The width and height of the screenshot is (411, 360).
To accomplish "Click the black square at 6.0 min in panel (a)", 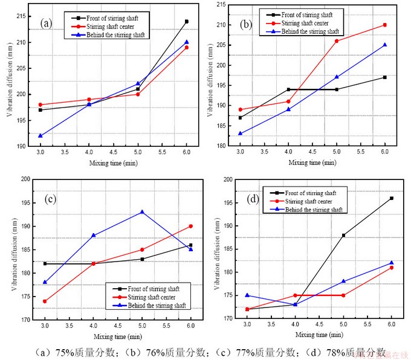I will (x=186, y=22).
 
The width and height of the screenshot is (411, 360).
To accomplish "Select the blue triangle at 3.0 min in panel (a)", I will (x=40, y=135).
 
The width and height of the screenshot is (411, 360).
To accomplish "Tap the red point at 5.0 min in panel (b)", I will (x=337, y=41).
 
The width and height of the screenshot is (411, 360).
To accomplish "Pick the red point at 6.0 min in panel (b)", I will (x=384, y=25).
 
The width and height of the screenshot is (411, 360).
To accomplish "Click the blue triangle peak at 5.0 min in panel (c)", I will (x=142, y=212).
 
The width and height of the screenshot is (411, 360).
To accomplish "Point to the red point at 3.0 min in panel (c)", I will (x=45, y=301).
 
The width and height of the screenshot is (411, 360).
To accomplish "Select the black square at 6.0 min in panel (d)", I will (x=392, y=198).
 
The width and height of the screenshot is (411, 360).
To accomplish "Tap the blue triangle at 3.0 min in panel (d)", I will (x=247, y=295).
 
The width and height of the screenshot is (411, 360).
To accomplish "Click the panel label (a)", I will (x=47, y=24).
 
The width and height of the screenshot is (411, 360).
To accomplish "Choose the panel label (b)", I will (x=246, y=25).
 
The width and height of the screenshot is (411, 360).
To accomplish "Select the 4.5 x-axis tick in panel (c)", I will (x=118, y=327).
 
